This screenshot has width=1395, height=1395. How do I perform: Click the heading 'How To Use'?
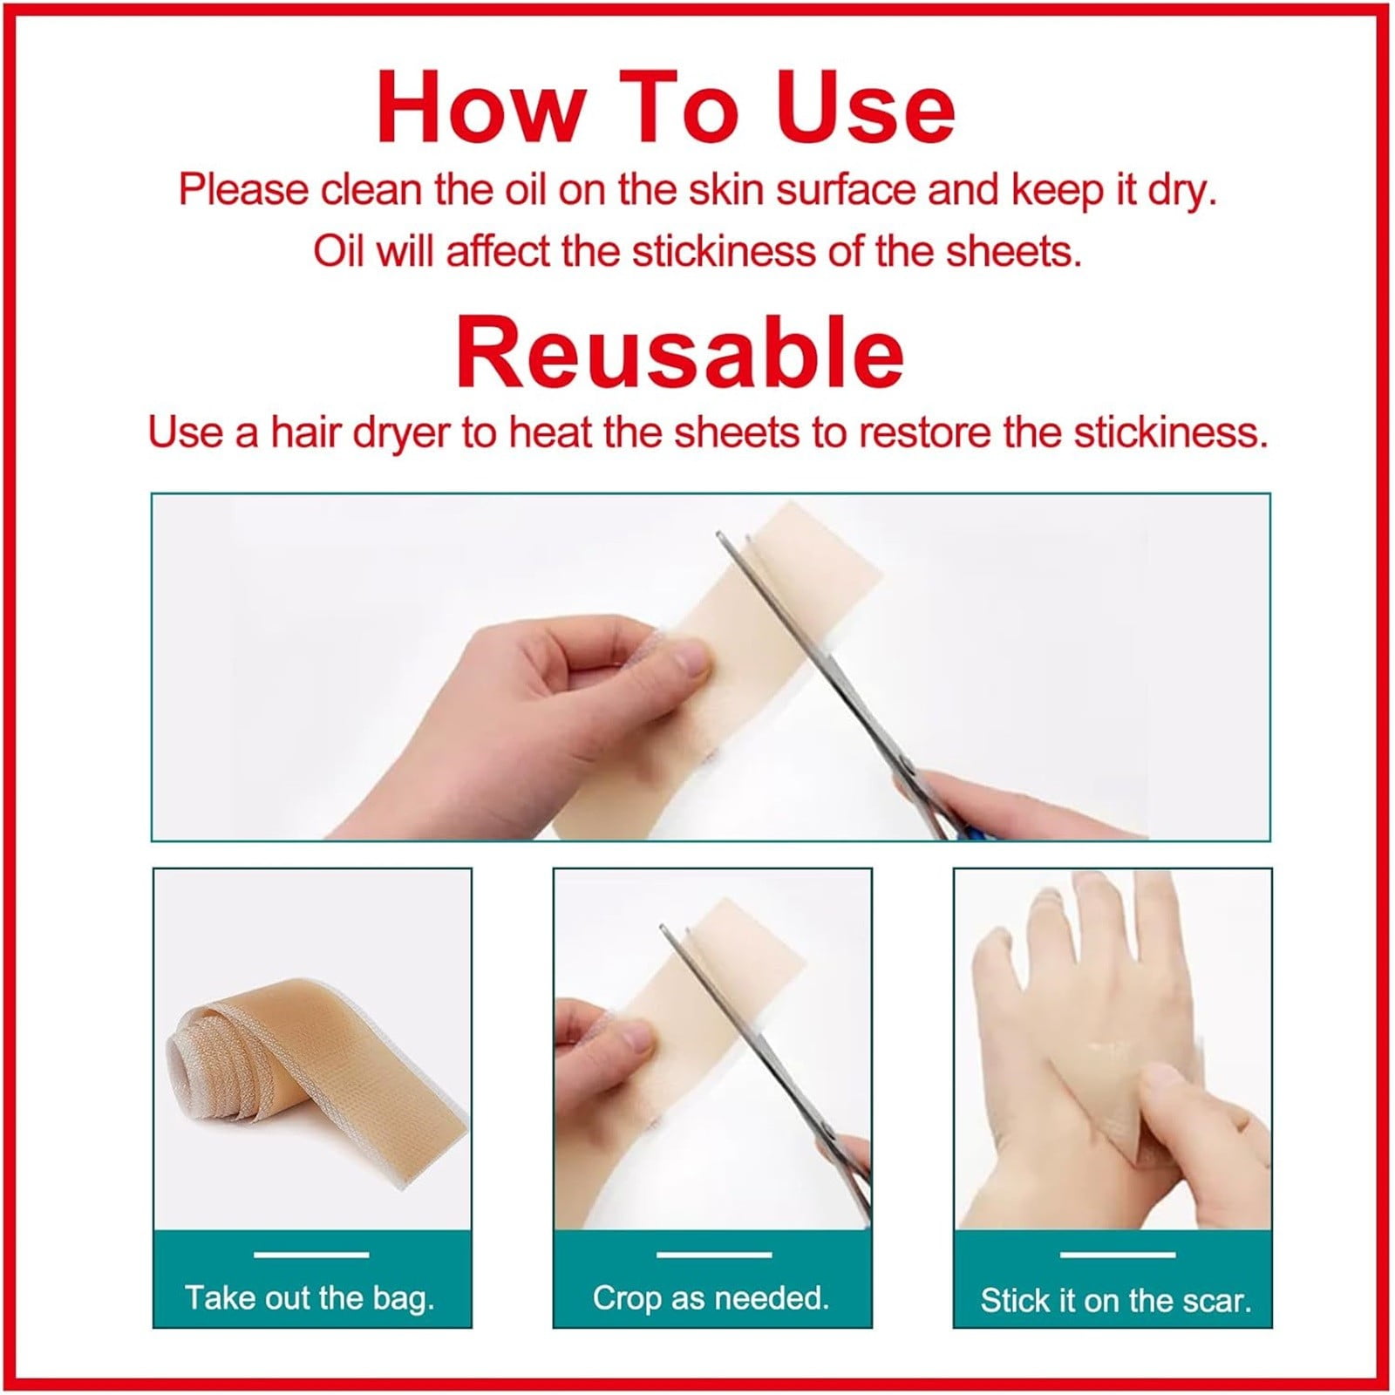[x=666, y=108]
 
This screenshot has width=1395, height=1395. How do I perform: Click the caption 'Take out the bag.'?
[x=310, y=1298]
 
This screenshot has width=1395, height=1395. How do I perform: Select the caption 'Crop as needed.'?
[x=711, y=1298]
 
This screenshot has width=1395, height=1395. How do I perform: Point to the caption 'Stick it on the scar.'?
[x=1115, y=1301]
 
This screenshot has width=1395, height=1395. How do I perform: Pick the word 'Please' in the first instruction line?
[x=243, y=190]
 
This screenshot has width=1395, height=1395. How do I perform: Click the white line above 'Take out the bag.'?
[x=311, y=1255]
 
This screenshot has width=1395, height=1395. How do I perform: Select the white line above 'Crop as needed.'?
[x=713, y=1255]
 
